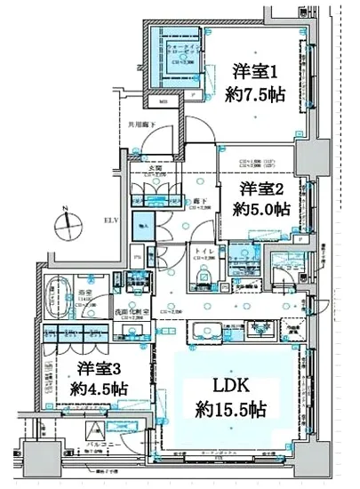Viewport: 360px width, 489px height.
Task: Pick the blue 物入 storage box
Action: tap(142, 228)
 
